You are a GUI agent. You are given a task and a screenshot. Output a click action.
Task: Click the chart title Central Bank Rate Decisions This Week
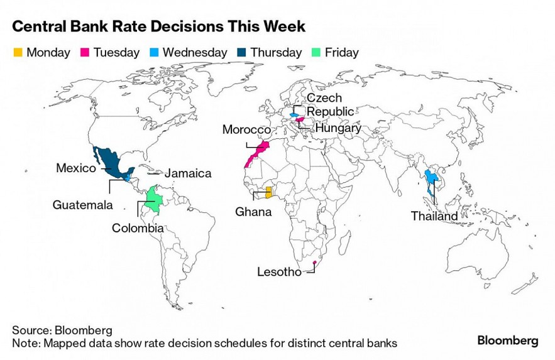pyautogui.click(x=159, y=27)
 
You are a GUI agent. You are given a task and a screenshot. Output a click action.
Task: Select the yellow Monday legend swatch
pyautogui.click(x=18, y=53)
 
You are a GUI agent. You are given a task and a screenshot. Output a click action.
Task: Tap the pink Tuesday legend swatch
pyautogui.click(x=84, y=53)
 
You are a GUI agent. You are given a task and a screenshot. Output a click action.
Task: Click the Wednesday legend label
pyautogui.click(x=194, y=53)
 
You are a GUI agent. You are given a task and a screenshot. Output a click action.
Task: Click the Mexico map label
pyautogui.click(x=76, y=168)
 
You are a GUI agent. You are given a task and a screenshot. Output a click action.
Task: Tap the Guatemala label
pyautogui.click(x=82, y=205)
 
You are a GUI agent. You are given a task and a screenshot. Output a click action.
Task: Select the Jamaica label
pyautogui.click(x=188, y=173)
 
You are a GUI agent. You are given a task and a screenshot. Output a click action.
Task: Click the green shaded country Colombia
pyautogui.click(x=151, y=202)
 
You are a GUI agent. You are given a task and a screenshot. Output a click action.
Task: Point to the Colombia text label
pyautogui.click(x=138, y=228)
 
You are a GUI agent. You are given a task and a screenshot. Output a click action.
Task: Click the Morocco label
pyautogui.click(x=246, y=129)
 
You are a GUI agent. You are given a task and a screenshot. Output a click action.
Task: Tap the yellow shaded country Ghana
pyautogui.click(x=268, y=192)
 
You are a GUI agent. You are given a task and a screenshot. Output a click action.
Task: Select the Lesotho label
pyautogui.click(x=279, y=272)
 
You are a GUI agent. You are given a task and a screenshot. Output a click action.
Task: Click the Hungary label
pyautogui.click(x=338, y=128)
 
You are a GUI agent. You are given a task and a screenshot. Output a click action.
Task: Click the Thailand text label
pyautogui.click(x=434, y=216)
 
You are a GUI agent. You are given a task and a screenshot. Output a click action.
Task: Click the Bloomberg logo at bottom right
pyautogui.click(x=507, y=341)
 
